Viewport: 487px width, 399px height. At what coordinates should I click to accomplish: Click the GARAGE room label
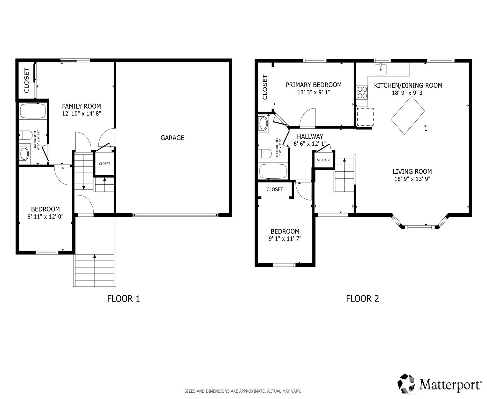tap(172, 138)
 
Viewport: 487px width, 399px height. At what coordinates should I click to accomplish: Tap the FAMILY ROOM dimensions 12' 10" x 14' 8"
tap(81, 113)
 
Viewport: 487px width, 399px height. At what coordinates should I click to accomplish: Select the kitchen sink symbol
tap(380, 69)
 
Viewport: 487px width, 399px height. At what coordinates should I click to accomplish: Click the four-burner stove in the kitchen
tap(362, 92)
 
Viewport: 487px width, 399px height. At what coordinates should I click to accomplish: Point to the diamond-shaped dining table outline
tap(407, 115)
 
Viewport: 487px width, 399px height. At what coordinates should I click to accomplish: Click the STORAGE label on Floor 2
tap(323, 160)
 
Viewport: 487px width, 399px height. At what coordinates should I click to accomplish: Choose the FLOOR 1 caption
tap(124, 299)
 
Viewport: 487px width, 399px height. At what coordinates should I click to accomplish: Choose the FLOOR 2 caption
tap(362, 299)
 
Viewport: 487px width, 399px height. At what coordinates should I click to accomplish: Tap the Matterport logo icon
tap(407, 383)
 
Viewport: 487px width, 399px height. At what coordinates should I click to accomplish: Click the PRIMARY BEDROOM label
tap(314, 85)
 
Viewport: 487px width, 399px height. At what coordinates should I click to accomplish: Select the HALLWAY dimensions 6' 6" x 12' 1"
tap(310, 144)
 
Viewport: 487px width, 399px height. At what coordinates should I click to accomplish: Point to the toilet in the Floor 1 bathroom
tap(25, 135)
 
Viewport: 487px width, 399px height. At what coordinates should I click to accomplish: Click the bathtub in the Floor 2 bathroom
tap(273, 171)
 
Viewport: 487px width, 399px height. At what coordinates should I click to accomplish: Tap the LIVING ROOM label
tap(412, 171)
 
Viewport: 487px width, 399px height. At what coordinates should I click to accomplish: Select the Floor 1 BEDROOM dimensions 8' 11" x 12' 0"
tap(46, 217)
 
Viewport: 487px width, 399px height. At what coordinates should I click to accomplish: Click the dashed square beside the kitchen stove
tap(365, 117)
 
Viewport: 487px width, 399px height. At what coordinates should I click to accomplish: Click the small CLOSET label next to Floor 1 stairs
tap(104, 164)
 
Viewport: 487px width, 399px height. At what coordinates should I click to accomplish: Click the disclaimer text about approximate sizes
tap(243, 391)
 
